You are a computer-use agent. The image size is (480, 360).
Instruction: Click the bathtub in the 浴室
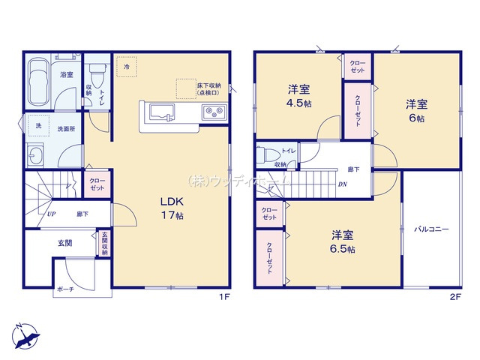tap(38, 82)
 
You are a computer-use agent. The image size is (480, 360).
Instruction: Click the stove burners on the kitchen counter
tap(211, 114)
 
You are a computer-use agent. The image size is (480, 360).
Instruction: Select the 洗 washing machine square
tap(36, 125)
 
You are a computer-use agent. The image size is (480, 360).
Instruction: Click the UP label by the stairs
tap(52, 214)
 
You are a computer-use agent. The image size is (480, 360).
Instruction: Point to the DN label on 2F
tap(342, 184)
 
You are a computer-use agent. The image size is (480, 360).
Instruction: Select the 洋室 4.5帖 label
tap(298, 97)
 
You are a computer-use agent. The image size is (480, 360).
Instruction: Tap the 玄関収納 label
tap(104, 243)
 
